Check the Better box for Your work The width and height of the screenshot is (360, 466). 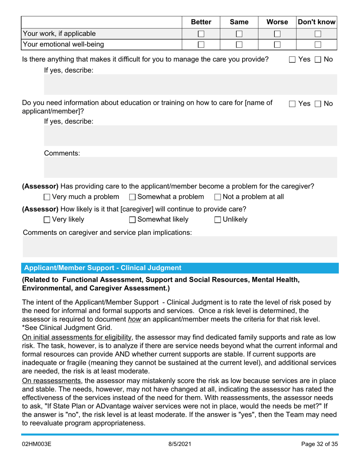click(x=201, y=34)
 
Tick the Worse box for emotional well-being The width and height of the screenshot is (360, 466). click(x=277, y=45)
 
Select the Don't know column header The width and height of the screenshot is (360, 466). click(x=316, y=22)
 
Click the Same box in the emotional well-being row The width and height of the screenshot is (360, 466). click(x=239, y=45)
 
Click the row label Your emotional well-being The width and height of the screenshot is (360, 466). click(x=63, y=45)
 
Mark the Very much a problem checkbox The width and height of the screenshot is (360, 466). click(x=47, y=197)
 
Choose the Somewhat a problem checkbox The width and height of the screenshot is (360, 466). click(x=132, y=197)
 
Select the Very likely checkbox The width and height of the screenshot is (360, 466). click(x=47, y=219)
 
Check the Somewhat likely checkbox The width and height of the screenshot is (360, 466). click(x=132, y=219)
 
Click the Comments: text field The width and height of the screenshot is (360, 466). click(x=190, y=167)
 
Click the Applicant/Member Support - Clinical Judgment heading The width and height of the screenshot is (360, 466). click(x=103, y=268)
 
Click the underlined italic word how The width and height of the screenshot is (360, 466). click(x=135, y=319)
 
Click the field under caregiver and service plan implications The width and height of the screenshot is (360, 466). click(x=180, y=247)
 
